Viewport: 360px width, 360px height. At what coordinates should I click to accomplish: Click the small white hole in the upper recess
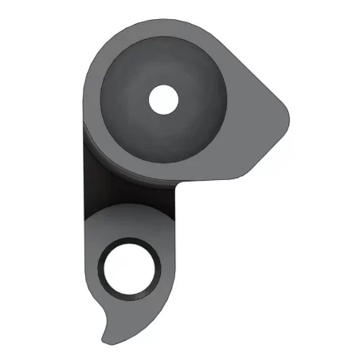tap(164, 99)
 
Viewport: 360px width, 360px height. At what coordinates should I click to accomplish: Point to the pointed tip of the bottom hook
tap(104, 339)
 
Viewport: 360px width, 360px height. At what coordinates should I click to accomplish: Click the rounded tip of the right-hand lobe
tap(284, 116)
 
